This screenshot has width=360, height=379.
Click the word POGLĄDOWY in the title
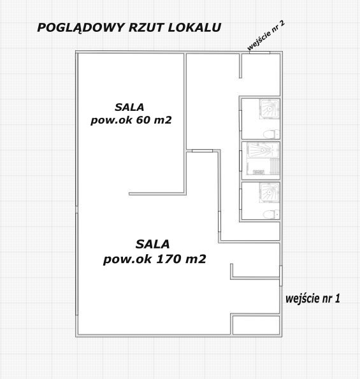[x=81, y=28]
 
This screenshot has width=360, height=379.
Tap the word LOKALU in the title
[x=194, y=27]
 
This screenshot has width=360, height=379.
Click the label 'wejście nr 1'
[x=313, y=299]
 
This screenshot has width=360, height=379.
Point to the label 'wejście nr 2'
[x=266, y=36]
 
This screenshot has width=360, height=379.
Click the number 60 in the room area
[x=143, y=120]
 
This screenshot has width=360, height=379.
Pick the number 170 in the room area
[x=168, y=259]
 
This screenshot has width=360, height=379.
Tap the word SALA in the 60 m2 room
[x=129, y=107]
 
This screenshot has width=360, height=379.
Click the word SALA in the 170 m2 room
[x=152, y=244]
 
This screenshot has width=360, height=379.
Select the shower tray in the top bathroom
[x=270, y=109]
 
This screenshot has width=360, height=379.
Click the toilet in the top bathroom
[x=271, y=134]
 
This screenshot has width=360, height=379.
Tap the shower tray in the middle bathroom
[x=263, y=150]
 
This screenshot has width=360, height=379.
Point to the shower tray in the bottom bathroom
[x=270, y=192]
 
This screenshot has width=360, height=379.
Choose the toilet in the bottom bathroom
[x=271, y=214]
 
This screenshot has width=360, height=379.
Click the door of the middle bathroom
[x=241, y=161]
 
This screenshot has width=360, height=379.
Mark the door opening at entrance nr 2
[x=259, y=52]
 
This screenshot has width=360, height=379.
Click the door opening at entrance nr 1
[x=281, y=276]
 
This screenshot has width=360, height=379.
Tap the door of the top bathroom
[x=241, y=121]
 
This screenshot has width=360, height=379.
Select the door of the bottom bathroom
[x=241, y=199]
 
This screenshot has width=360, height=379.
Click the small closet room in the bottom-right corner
[x=256, y=325]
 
